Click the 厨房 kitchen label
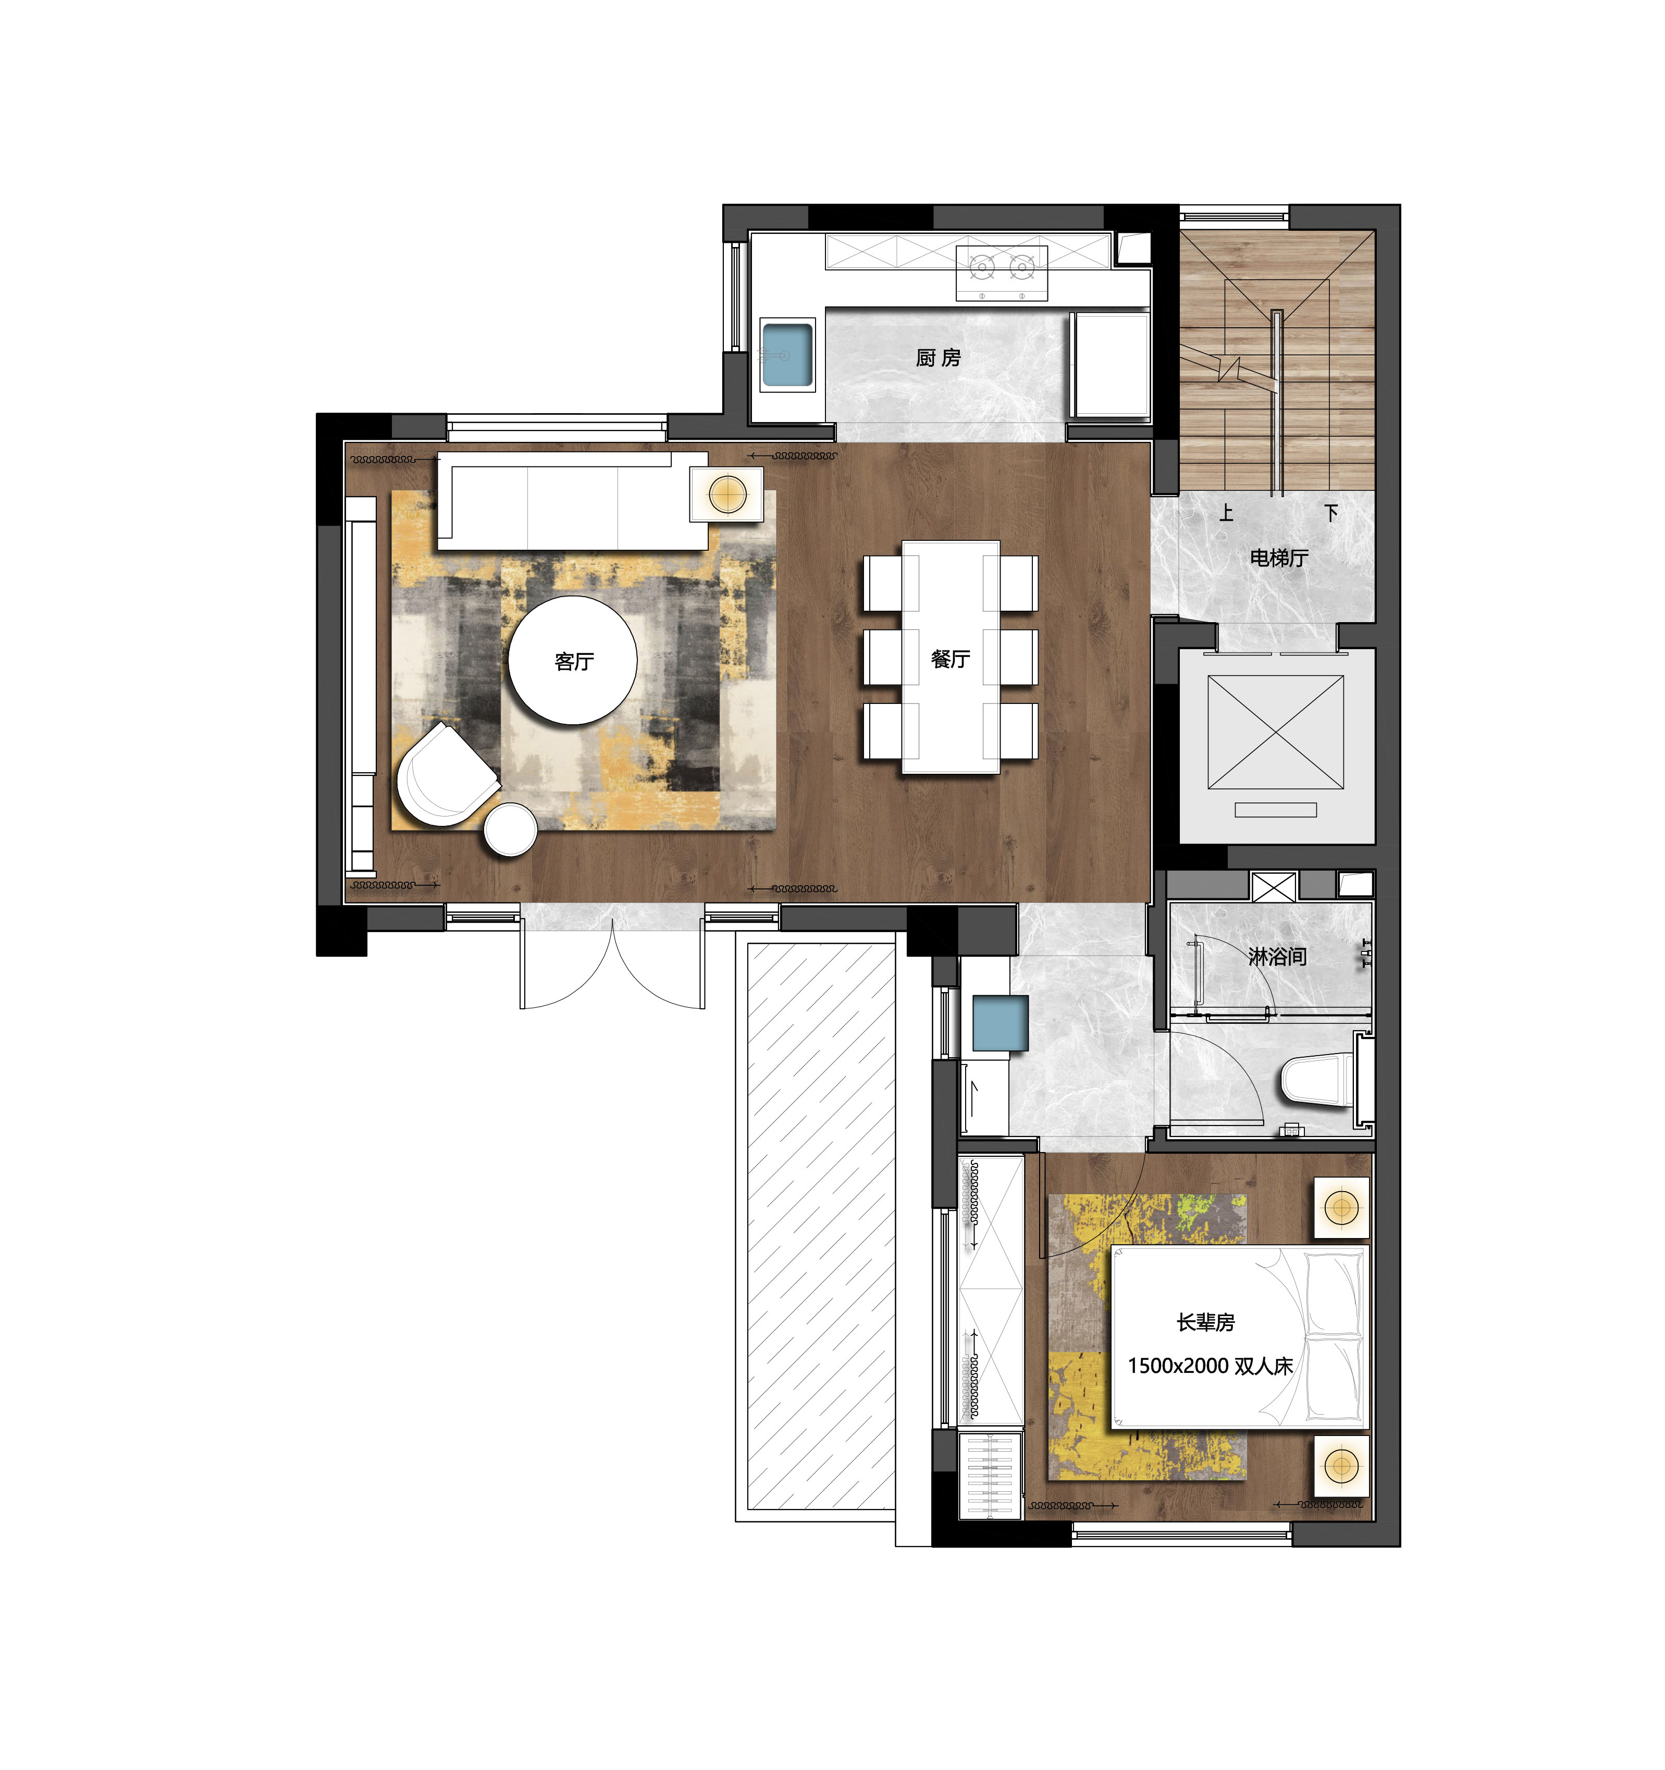939,358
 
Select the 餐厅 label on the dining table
950,659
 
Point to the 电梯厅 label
1278,558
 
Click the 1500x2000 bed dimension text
1178,1366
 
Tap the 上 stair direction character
1226,513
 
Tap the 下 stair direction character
1331,513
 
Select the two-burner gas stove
1002,273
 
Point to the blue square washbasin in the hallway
1000,1023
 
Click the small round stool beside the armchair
510,830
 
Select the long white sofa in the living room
572,501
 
